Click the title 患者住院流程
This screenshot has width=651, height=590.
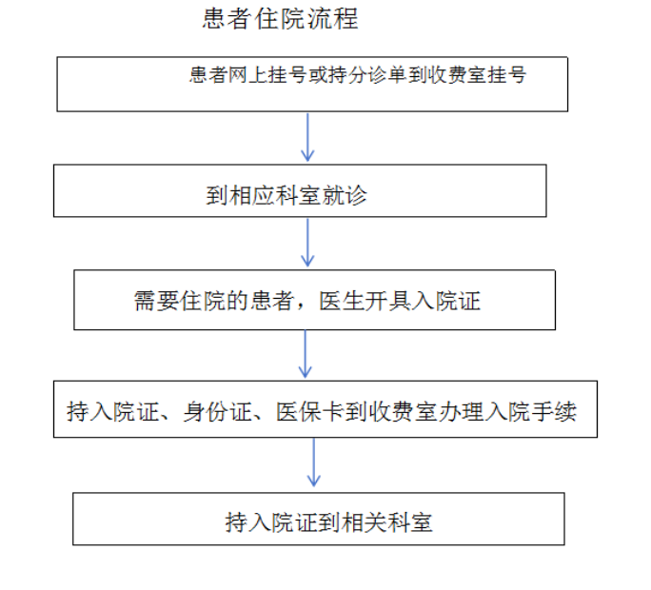(281, 19)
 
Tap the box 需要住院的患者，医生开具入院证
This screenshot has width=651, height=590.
(314, 300)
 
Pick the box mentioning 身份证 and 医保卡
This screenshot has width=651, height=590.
(325, 409)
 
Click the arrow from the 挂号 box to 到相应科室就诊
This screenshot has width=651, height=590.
(307, 137)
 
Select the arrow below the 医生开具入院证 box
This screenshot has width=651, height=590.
(306, 355)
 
